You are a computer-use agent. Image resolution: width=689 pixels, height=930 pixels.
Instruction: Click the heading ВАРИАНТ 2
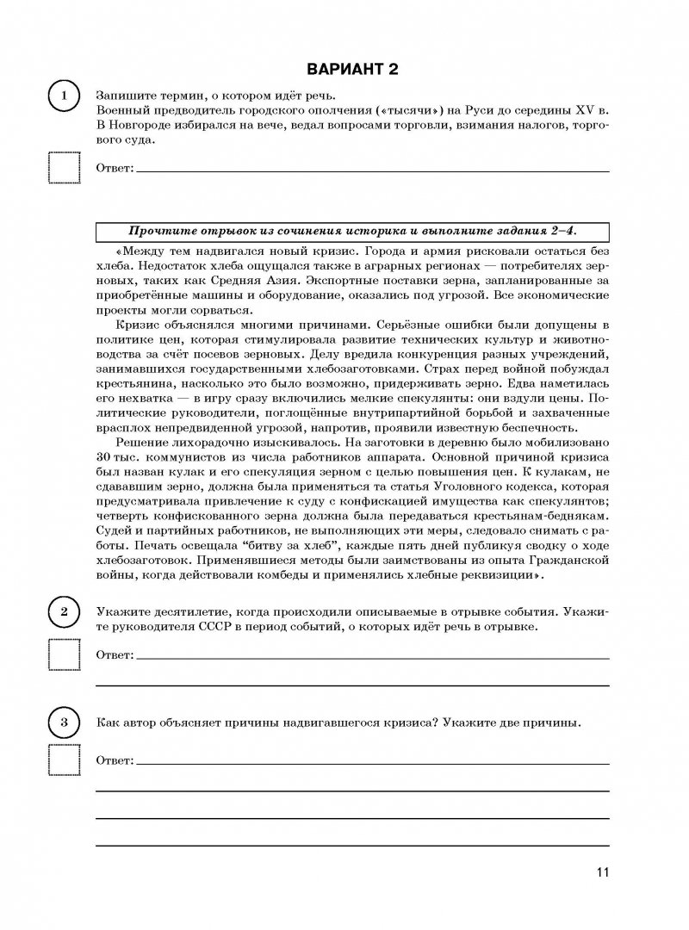click(x=344, y=69)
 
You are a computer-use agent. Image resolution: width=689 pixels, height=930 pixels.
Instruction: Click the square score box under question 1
click(x=61, y=168)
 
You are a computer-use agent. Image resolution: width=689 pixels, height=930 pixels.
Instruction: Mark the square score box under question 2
click(x=61, y=656)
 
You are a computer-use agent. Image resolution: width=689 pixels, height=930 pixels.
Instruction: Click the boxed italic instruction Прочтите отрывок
click(x=351, y=231)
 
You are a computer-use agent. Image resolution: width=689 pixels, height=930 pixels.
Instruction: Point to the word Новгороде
click(x=147, y=127)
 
